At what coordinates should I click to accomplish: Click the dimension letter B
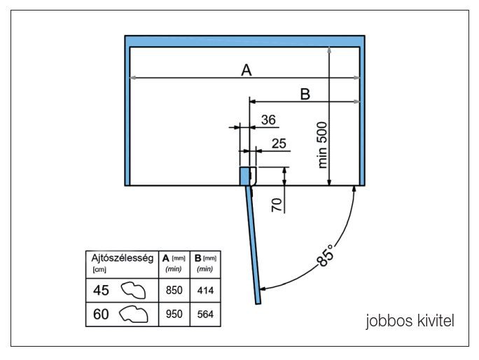point(305,94)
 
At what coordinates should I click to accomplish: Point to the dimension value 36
point(268,120)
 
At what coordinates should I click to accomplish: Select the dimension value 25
point(279,144)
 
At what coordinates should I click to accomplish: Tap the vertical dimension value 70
point(276,205)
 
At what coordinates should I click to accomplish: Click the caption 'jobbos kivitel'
point(410,321)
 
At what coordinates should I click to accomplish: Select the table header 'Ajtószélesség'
point(123,258)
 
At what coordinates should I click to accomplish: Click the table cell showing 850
point(174,290)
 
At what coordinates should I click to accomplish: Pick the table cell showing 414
point(205,290)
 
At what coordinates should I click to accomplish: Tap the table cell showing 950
point(174,315)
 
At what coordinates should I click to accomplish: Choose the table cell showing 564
point(205,315)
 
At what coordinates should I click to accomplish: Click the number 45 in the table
point(101,289)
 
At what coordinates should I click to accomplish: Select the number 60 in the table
point(101,315)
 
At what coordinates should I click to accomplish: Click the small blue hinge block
point(245,176)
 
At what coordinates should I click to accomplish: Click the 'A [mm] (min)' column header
point(174,263)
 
